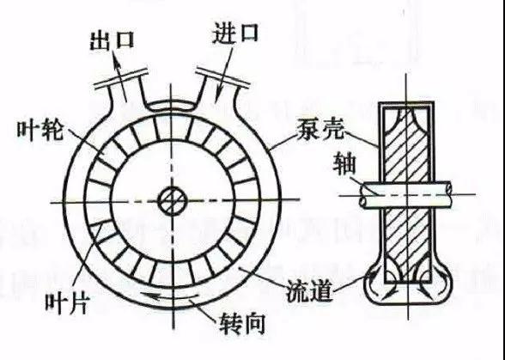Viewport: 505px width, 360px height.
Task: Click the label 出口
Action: [x=112, y=41]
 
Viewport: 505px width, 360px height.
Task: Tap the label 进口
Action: [x=235, y=33]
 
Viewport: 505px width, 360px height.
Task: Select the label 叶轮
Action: [x=40, y=131]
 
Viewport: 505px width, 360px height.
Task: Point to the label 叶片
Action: [x=67, y=304]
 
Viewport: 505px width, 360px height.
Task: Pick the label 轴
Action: [x=344, y=163]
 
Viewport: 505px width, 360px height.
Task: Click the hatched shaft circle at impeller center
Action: [x=173, y=201]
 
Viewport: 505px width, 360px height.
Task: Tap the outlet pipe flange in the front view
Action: [x=121, y=78]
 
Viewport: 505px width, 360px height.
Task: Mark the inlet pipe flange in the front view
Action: [x=223, y=77]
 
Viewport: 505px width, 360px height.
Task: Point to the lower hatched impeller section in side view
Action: [x=407, y=243]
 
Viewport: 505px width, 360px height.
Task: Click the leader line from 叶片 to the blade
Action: [x=87, y=254]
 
